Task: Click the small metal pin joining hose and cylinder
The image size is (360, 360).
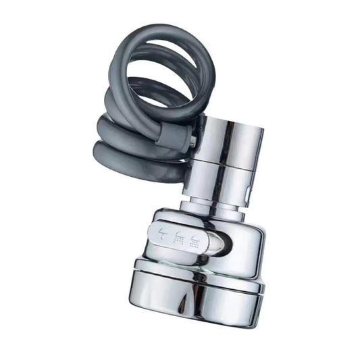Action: pos(195,141)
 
